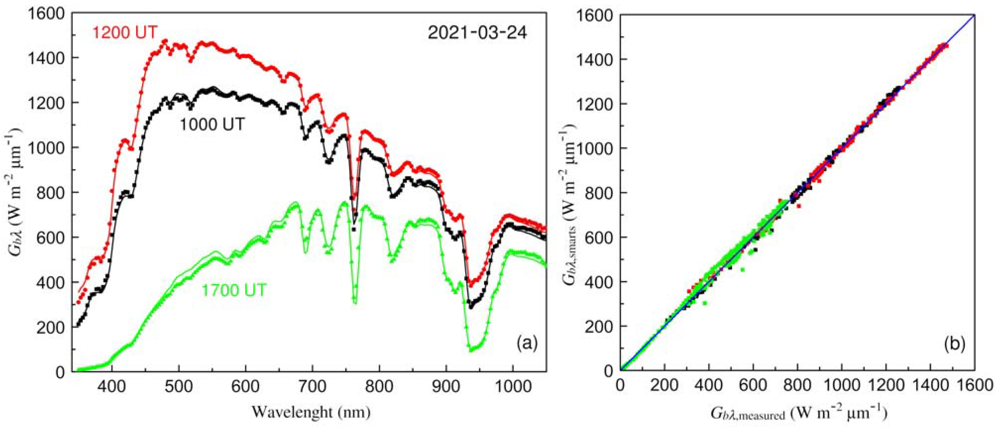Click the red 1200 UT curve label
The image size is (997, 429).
(125, 32)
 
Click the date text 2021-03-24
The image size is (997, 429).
(477, 33)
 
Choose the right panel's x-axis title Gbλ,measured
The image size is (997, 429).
(798, 414)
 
